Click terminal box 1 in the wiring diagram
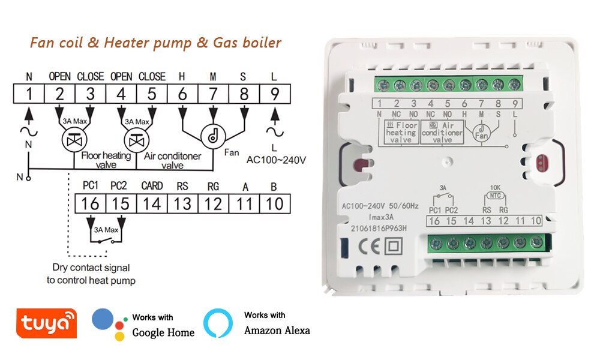coord(29,94)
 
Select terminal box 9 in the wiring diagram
coord(275,94)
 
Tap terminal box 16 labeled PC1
coord(90,203)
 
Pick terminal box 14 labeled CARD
coord(152,203)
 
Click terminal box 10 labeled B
coord(274,203)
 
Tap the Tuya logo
coord(47,324)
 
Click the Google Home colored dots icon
coord(109,325)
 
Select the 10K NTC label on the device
coord(494,190)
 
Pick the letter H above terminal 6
coord(182,76)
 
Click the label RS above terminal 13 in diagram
coord(182,186)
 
